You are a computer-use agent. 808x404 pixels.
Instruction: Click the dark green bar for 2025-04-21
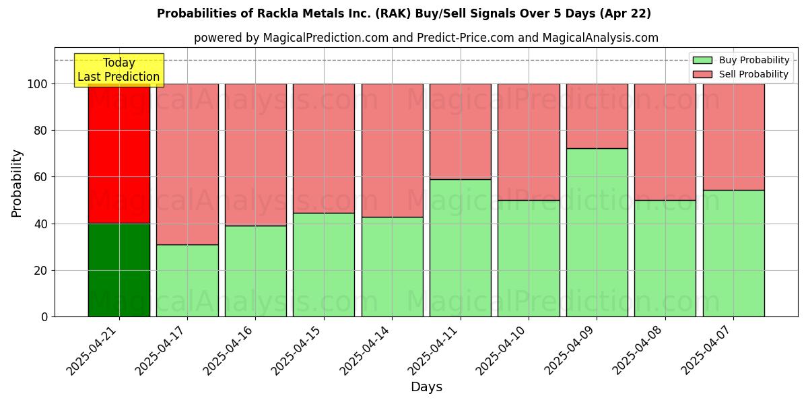[x=119, y=270]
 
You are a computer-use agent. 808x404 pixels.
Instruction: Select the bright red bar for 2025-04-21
[x=119, y=154]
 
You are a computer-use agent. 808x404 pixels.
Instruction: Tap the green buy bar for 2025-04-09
[x=597, y=232]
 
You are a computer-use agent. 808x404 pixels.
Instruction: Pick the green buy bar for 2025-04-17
[x=187, y=280]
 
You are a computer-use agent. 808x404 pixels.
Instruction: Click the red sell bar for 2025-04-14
[x=392, y=150]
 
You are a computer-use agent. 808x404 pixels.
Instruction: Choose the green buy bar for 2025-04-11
[x=461, y=248]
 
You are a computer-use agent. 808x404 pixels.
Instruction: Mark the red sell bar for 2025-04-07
[x=733, y=137]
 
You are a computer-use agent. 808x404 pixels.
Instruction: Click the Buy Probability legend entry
[x=741, y=61]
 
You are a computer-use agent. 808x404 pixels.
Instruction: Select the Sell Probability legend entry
[x=741, y=75]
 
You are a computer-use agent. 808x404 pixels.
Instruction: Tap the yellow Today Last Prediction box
[x=119, y=70]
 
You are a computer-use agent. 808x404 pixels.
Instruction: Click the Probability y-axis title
[x=17, y=183]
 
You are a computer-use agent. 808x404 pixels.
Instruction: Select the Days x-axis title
[x=426, y=387]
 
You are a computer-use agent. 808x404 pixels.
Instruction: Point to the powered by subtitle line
[x=426, y=38]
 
